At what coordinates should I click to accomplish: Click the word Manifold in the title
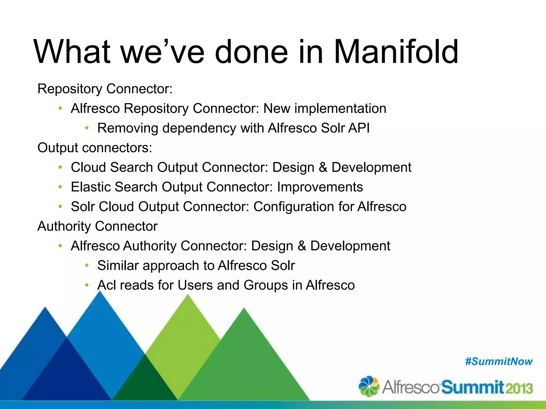point(396,52)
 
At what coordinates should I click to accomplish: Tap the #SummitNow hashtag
point(499,362)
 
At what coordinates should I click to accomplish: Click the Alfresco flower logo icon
point(369,386)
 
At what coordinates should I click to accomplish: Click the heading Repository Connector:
point(105,89)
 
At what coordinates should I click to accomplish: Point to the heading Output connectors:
point(95,148)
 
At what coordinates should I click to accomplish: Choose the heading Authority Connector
point(97,226)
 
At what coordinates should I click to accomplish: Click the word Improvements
point(320,187)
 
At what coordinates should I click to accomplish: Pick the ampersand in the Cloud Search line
point(323,167)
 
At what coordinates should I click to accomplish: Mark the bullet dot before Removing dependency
point(87,128)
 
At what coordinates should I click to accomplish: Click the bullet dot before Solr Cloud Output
point(60,206)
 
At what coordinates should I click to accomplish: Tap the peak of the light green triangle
point(188,295)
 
